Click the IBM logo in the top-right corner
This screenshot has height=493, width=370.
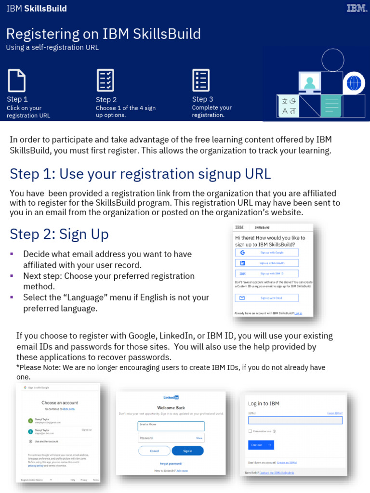tap(356, 8)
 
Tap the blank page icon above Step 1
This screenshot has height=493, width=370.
tap(16, 80)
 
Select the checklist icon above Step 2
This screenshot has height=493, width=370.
tap(106, 80)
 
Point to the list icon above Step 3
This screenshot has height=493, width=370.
tap(200, 80)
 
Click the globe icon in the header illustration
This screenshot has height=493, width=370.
tap(354, 83)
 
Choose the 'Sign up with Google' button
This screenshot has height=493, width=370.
tap(267, 252)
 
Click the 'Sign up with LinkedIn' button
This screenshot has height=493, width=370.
tap(267, 263)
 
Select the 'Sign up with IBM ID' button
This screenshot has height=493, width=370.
tap(267, 273)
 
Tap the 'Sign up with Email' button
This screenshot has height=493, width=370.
tap(267, 298)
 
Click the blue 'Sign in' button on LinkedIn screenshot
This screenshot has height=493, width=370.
tap(187, 451)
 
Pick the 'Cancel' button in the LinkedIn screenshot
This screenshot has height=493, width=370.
tap(154, 451)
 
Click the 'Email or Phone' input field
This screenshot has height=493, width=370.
tap(171, 426)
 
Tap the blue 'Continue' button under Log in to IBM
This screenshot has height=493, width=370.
tap(261, 445)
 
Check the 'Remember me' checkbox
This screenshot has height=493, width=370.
tap(251, 431)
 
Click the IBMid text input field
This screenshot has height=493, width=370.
tap(295, 420)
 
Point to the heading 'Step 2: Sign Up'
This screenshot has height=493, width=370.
tap(59, 234)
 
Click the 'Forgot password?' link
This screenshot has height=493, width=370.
tap(171, 464)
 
